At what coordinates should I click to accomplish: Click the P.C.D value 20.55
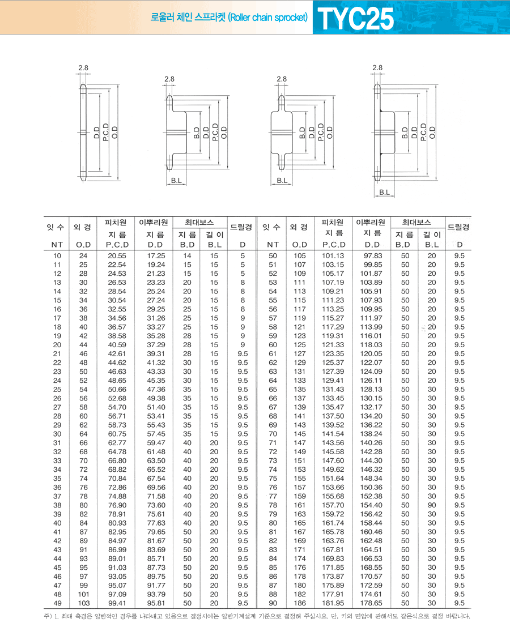coord(117,255)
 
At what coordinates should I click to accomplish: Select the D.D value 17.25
coord(156,255)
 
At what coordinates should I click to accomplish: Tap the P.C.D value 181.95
coord(333,603)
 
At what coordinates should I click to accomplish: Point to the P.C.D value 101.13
coord(333,255)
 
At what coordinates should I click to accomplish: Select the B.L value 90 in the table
coord(432,505)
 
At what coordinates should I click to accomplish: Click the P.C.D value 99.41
coord(117,603)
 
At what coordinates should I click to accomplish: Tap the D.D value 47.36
coord(156,389)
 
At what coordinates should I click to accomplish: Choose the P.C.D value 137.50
coord(333,416)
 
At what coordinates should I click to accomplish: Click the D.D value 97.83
coord(373,255)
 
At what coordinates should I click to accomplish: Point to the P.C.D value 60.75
coord(117,434)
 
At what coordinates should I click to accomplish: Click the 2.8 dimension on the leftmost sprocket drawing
coord(83,68)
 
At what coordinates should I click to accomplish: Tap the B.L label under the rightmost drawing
coord(384,193)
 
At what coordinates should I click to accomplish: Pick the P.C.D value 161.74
coord(333,523)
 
